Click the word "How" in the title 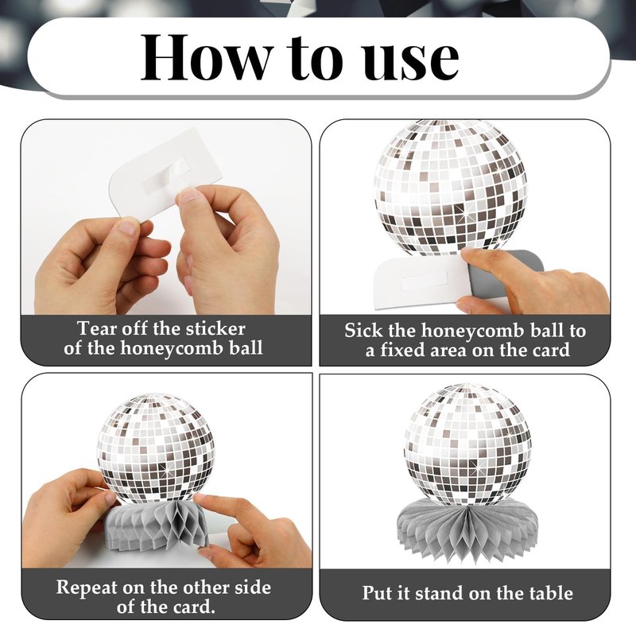pos(207,58)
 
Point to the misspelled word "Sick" pos(363,331)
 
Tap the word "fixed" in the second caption pos(402,350)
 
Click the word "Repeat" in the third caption pos(87,588)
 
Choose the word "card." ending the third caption pos(194,607)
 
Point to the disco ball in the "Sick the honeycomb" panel pos(450,188)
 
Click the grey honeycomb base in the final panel pos(467,528)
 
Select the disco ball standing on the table pos(467,445)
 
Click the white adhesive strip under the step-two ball pos(424,281)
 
